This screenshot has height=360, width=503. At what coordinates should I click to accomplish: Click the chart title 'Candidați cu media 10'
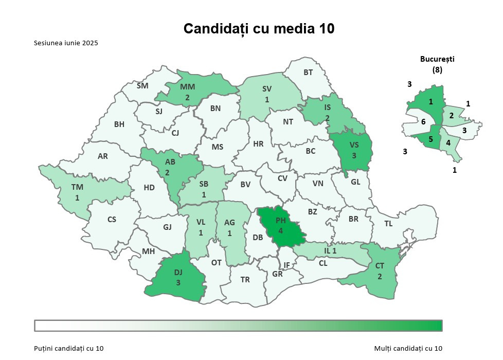point(259,28)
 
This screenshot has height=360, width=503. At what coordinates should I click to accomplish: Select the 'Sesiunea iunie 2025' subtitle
point(66,43)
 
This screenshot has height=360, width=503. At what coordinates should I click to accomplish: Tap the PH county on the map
point(281,226)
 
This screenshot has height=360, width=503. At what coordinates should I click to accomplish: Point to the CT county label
point(380,266)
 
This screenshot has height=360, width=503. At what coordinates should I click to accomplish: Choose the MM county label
point(187,86)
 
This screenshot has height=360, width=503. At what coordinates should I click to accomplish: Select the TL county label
point(388,223)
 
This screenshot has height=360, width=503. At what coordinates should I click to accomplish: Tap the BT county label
point(308,73)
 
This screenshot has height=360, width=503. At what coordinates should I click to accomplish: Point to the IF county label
point(287,265)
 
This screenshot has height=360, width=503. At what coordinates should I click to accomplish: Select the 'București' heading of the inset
point(437,59)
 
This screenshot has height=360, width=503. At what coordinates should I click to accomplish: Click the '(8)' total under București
point(437,69)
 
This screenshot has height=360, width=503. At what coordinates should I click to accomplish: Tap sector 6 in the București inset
point(423,122)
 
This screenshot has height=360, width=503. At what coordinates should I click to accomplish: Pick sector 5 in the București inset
point(431,138)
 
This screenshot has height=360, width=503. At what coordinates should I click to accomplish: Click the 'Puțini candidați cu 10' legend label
point(69,349)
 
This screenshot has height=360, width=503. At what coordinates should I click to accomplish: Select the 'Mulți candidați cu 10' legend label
point(408,349)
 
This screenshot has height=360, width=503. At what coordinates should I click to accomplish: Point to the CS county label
point(112,220)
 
